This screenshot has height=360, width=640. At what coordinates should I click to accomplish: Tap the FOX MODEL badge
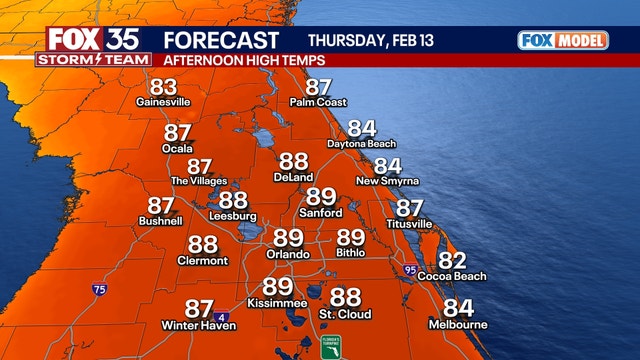click(x=564, y=41)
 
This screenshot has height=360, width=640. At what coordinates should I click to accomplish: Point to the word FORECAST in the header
click(x=220, y=41)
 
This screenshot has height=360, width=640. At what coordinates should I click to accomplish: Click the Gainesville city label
click(x=163, y=102)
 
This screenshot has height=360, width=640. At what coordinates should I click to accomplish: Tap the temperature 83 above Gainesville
click(x=163, y=87)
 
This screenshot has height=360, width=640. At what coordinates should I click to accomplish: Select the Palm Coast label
click(x=318, y=102)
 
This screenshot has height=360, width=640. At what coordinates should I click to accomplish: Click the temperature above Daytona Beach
click(x=361, y=129)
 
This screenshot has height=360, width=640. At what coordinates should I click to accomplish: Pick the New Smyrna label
click(x=387, y=181)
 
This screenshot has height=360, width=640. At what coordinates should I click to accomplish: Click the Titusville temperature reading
click(x=409, y=208)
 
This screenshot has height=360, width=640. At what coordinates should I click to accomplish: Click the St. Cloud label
click(x=345, y=314)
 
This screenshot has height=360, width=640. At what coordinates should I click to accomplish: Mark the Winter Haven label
click(x=199, y=326)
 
